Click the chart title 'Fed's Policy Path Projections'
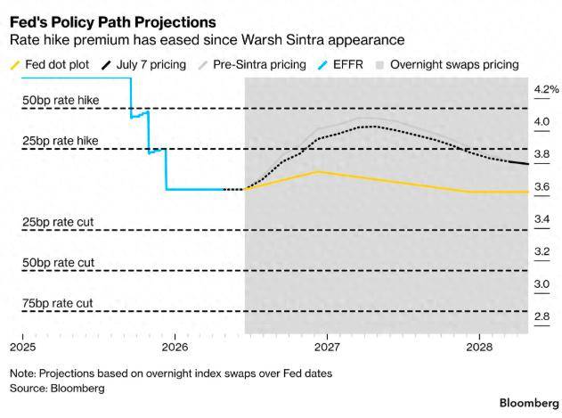tap(113, 22)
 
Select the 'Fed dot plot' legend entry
tap(50, 64)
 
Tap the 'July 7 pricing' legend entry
tap(143, 64)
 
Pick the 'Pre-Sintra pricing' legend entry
tap(252, 64)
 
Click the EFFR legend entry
tap(340, 64)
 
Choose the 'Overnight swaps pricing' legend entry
tap(447, 64)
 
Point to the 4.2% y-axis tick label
tap(546, 89)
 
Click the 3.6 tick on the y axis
tap(542, 186)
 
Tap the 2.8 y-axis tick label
tap(542, 316)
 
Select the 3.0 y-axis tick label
tap(542, 284)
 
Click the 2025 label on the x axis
tap(22, 347)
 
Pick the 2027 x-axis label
tap(327, 347)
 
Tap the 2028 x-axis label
tap(479, 347)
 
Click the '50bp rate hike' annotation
tap(61, 100)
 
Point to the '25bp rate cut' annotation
tap(58, 222)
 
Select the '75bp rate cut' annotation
tap(57, 304)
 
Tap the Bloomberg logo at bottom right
tap(529, 403)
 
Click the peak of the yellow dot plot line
tap(317, 172)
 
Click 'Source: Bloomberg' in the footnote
tap(57, 389)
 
